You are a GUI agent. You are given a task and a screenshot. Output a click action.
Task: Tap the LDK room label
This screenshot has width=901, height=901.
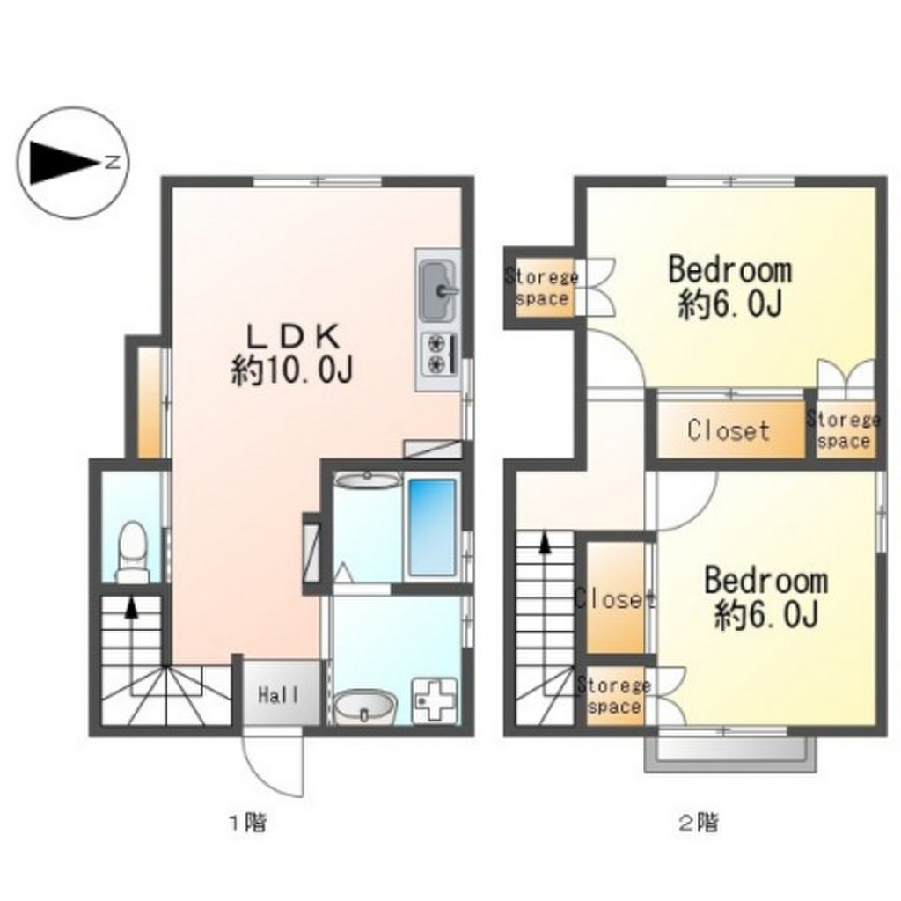pos(292,337)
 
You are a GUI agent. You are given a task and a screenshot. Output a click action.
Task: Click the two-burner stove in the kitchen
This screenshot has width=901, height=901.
pos(439,354)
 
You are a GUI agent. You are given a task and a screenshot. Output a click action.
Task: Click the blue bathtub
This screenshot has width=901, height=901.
pos(431,529)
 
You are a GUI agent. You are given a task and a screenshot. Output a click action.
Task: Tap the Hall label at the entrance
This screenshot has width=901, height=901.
pos(279,695)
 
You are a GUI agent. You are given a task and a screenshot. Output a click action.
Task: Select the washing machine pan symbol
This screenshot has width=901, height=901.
pos(436,700)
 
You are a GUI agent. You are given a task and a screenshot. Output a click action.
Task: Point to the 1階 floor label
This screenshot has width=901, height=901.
pos(248,823)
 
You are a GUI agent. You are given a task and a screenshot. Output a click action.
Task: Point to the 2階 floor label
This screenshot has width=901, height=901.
pos(698,823)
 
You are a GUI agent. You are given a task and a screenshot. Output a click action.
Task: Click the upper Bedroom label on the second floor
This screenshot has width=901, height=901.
pos(729,270)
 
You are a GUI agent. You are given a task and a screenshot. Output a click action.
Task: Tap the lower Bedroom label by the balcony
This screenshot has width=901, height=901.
pos(766,581)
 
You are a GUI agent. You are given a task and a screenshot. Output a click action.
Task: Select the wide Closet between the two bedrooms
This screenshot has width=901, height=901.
pos(729,429)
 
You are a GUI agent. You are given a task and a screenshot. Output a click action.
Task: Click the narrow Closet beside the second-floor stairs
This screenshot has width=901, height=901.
pos(615,598)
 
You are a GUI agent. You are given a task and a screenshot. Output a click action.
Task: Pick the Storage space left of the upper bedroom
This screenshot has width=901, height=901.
pos(542,288)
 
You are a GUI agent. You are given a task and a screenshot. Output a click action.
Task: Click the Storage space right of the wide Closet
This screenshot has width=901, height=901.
pos(845,429)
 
